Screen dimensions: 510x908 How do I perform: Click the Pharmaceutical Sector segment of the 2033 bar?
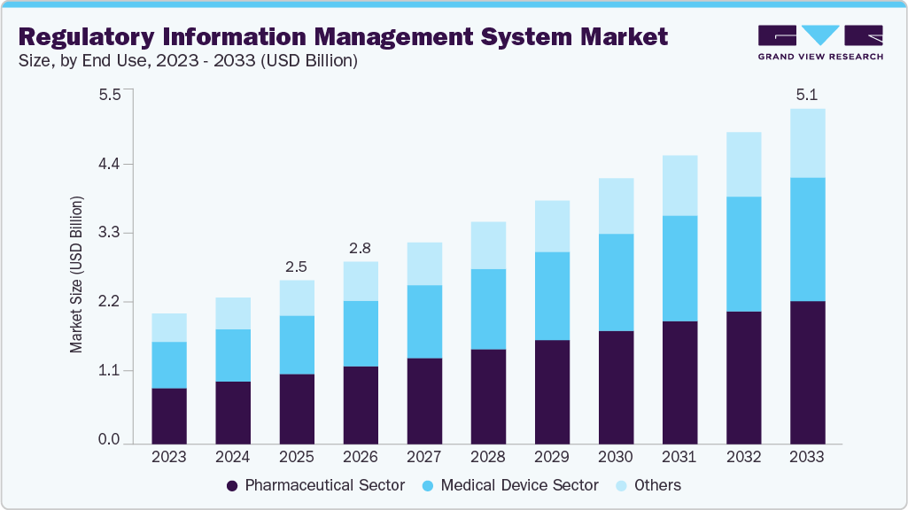click(x=807, y=372)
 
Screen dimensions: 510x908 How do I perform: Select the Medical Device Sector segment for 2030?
click(x=616, y=282)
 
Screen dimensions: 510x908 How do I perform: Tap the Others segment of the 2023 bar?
click(x=169, y=328)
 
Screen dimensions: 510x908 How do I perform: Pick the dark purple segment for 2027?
click(x=424, y=400)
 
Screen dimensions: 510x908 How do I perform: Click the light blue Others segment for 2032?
click(x=743, y=165)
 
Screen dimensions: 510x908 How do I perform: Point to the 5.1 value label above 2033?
click(x=807, y=94)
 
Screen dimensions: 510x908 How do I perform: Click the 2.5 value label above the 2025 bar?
click(x=297, y=266)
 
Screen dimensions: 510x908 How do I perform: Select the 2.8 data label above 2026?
click(x=361, y=247)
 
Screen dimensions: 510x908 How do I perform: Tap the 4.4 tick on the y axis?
click(x=109, y=165)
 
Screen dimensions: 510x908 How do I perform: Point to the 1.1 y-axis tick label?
click(x=109, y=371)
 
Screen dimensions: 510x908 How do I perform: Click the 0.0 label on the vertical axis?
click(x=109, y=440)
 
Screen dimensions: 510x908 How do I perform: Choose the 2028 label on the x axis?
click(x=488, y=458)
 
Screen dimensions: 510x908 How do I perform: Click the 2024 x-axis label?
click(x=233, y=458)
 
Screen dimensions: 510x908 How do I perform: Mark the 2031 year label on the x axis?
click(x=679, y=458)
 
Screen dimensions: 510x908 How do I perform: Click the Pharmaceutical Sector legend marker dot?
click(x=233, y=485)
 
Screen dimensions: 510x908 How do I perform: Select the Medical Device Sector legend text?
click(x=519, y=485)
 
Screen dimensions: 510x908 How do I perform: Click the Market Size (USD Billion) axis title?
click(x=76, y=274)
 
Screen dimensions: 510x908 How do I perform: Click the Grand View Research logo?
click(x=819, y=42)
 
